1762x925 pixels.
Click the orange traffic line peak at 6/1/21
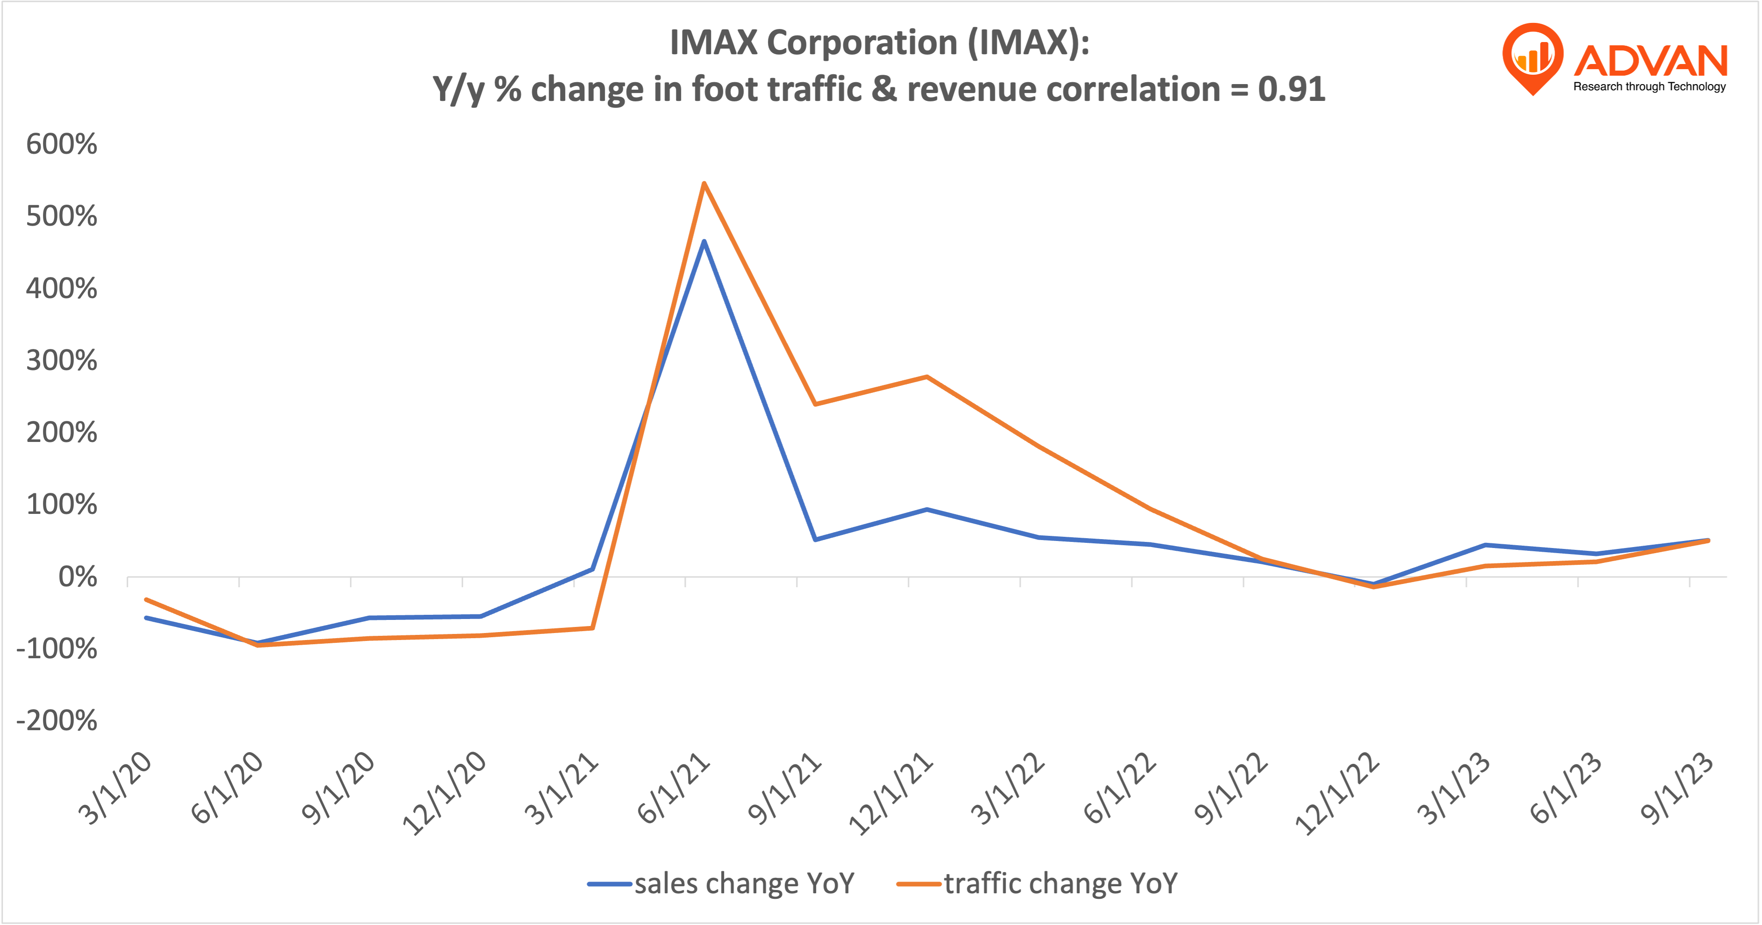[704, 183]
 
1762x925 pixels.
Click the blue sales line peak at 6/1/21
[704, 241]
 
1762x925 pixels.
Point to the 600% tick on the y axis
[62, 144]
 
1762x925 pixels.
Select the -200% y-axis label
[57, 720]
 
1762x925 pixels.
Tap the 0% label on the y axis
[77, 577]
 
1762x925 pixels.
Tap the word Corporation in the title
[862, 43]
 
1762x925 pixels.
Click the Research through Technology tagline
[1649, 87]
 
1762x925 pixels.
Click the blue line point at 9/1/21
[815, 540]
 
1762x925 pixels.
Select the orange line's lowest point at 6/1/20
[258, 645]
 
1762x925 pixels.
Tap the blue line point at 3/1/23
[1485, 545]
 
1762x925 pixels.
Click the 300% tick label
[62, 361]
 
